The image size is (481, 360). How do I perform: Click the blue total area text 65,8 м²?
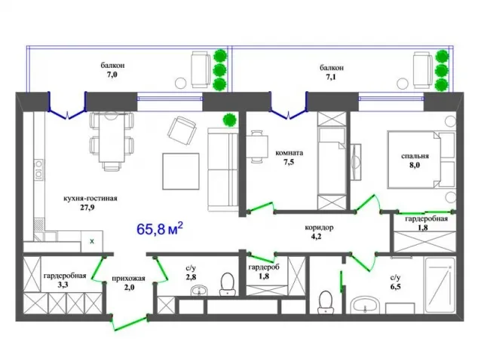(x=160, y=228)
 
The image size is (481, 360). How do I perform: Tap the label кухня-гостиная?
(x=90, y=198)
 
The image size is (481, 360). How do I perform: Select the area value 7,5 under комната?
(x=289, y=162)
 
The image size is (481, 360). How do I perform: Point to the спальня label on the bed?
(x=415, y=156)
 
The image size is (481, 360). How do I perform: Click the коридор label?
(x=319, y=227)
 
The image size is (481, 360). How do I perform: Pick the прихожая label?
(x=128, y=279)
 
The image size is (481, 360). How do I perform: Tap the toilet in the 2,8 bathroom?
(x=228, y=285)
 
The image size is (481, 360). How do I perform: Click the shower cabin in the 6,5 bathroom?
(x=440, y=285)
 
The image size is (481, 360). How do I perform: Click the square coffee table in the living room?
(x=181, y=171)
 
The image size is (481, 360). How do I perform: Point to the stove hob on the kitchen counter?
(x=39, y=169)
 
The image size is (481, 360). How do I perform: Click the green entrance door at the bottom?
(x=130, y=323)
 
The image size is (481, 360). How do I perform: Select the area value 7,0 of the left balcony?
(x=112, y=75)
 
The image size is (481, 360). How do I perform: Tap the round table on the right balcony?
(x=401, y=84)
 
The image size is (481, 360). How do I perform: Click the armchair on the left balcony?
(x=201, y=70)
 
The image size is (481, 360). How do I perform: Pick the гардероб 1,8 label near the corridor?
(x=264, y=271)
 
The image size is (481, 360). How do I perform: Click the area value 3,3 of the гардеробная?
(x=63, y=285)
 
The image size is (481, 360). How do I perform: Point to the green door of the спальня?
(x=368, y=203)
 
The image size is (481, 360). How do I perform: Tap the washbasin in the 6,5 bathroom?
(x=365, y=305)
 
